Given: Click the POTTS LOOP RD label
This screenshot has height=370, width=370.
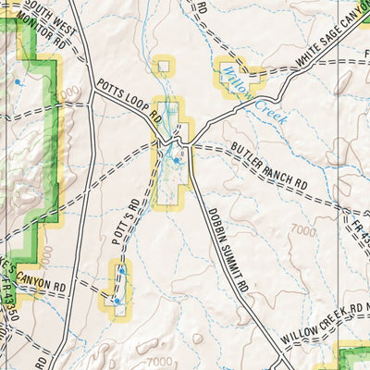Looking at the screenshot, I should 129,101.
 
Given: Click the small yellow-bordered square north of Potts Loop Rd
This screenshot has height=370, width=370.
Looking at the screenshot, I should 164,67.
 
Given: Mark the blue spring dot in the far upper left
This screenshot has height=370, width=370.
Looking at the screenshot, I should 17,82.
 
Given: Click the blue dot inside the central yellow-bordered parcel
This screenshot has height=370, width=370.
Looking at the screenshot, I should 176,160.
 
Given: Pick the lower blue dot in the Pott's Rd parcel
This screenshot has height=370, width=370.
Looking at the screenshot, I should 117,301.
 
